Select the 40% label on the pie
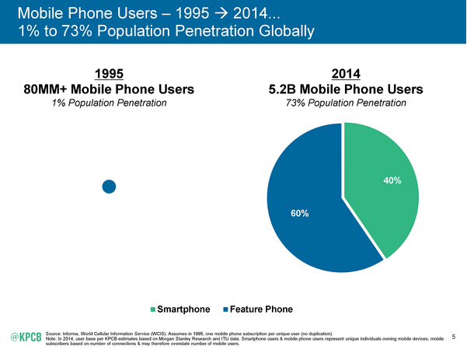pos(392,180)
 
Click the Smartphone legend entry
pos(184,309)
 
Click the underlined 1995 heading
pos(109,74)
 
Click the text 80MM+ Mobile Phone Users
pos(109,89)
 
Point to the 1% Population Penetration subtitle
pos(109,103)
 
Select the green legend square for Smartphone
pos(154,310)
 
